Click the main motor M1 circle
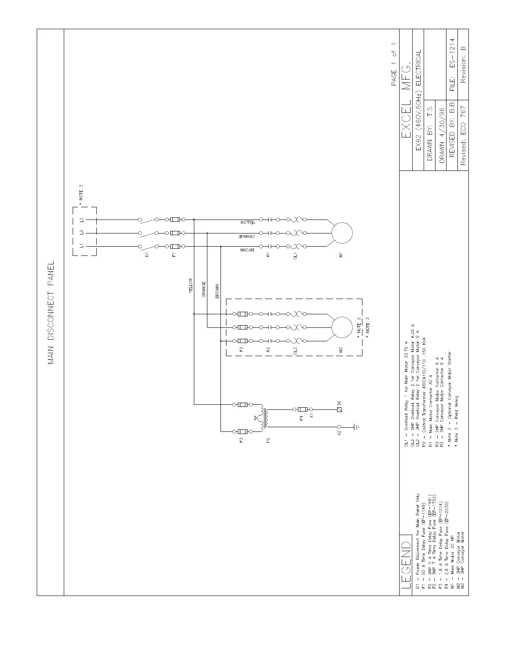pyautogui.click(x=342, y=233)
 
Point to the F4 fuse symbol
pyautogui.click(x=302, y=409)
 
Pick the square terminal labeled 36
pyautogui.click(x=339, y=409)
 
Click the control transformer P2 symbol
pyautogui.click(x=263, y=418)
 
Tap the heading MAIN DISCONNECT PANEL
pyautogui.click(x=51, y=313)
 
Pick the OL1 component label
pyautogui.click(x=296, y=255)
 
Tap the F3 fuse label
pyautogui.click(x=241, y=440)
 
